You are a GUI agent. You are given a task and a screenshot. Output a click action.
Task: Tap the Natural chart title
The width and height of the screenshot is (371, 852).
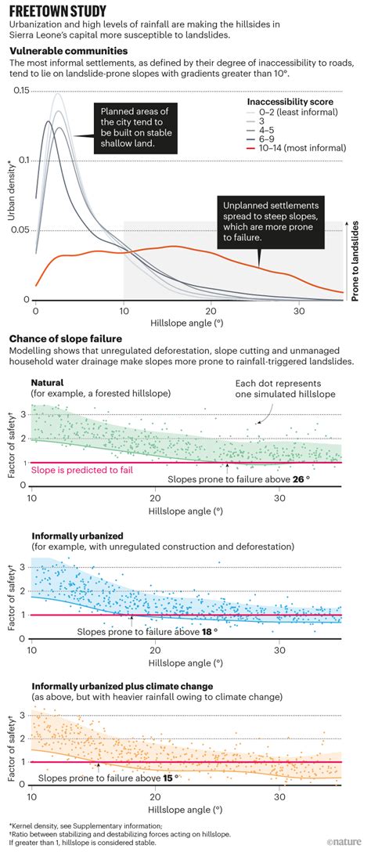tap(49, 381)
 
